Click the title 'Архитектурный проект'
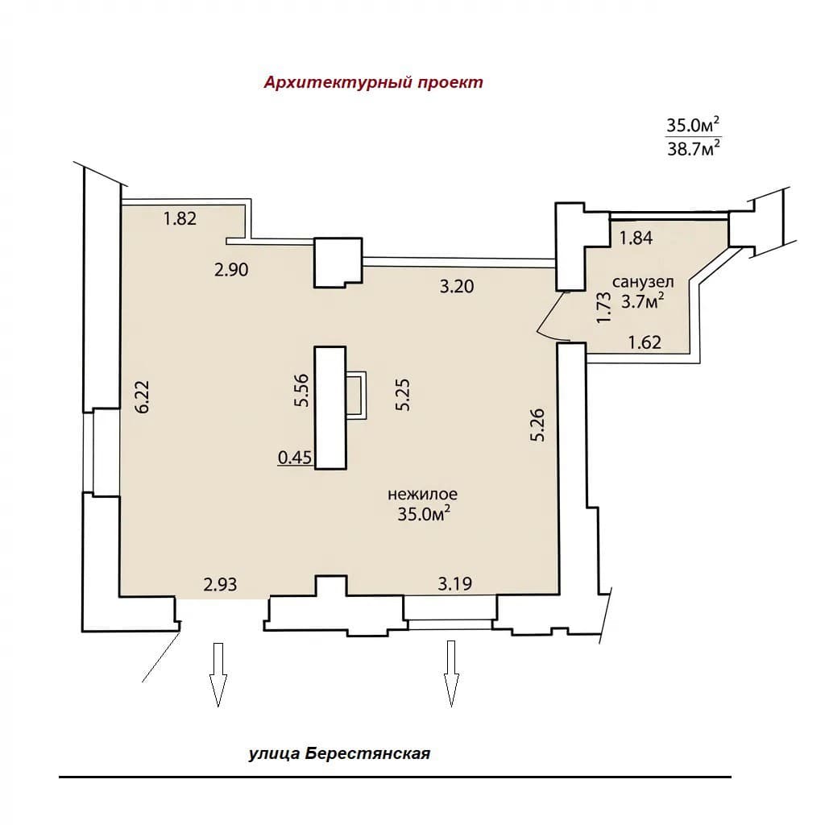tap(374, 83)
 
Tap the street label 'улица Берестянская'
tap(339, 753)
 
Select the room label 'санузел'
tap(643, 282)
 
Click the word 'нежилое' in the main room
tap(422, 495)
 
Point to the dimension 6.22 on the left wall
tap(143, 397)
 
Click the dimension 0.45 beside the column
tap(295, 458)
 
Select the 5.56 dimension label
tap(301, 390)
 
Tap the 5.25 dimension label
tap(403, 395)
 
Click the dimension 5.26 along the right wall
tap(537, 425)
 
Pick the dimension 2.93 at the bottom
tap(221, 584)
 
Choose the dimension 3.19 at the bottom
tap(455, 583)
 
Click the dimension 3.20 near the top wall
tap(457, 287)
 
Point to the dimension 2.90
tap(231, 270)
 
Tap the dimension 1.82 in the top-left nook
tap(180, 218)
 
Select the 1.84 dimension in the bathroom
tap(636, 238)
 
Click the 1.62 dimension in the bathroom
tap(645, 342)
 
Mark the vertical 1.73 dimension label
tap(605, 308)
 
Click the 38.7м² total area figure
tap(694, 149)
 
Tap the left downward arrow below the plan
tap(218, 674)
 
